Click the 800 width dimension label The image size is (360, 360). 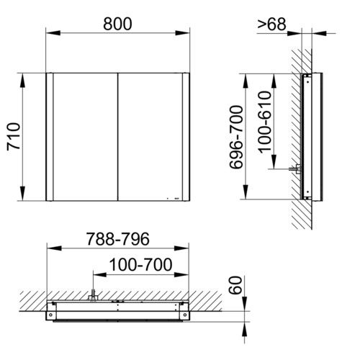[x=117, y=24]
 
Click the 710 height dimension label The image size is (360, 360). [x=14, y=137]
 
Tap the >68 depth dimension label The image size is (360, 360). [x=271, y=24]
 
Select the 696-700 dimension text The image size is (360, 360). [x=236, y=137]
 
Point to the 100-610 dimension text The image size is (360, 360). [x=265, y=122]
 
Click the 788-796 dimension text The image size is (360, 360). [x=118, y=239]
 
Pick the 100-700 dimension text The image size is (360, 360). [x=140, y=264]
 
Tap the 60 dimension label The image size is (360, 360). [x=235, y=285]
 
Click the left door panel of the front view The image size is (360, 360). [x=85, y=137]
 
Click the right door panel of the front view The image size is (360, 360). [x=150, y=137]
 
